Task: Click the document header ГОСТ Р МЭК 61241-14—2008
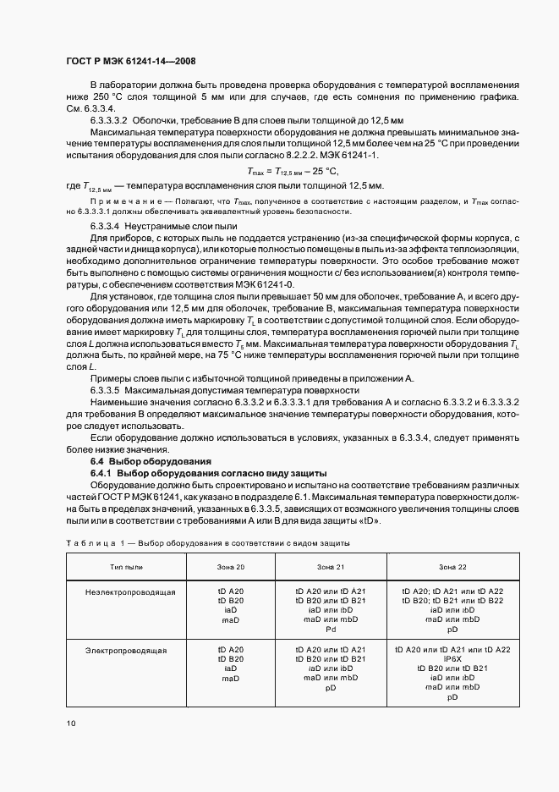click(x=130, y=62)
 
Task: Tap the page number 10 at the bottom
click(x=71, y=722)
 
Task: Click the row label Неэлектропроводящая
click(x=129, y=591)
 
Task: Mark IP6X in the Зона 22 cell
click(x=452, y=658)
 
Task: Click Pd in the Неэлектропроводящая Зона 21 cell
click(x=330, y=629)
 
